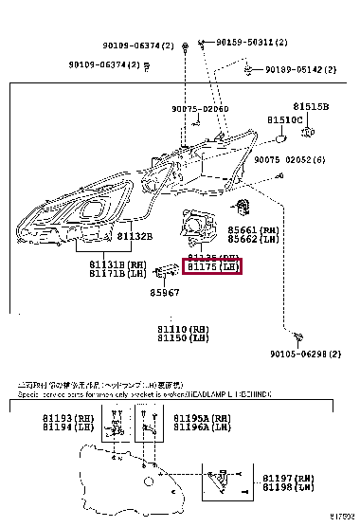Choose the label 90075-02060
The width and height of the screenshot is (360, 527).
click(200, 109)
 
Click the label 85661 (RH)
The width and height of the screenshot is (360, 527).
click(255, 229)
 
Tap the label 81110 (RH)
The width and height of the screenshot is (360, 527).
click(184, 327)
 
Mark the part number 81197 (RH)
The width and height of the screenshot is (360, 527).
click(287, 479)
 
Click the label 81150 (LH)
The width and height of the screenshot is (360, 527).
click(184, 337)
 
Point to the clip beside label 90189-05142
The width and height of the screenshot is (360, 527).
click(246, 68)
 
